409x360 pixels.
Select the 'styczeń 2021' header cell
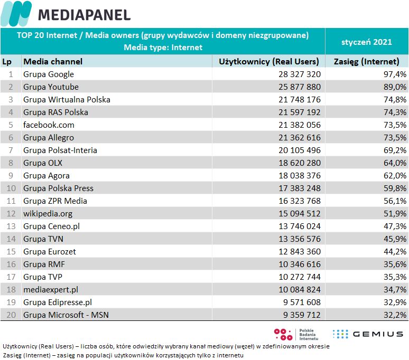tap(367, 41)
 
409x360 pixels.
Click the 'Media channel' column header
tap(53, 61)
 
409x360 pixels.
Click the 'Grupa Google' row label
tap(49, 74)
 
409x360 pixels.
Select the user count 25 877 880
tap(300, 87)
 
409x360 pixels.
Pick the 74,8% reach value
tap(395, 100)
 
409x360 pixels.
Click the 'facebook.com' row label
tap(49, 125)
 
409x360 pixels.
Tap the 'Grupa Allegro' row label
tap(49, 138)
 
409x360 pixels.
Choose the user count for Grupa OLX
tap(300, 163)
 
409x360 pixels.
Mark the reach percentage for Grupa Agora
tap(395, 176)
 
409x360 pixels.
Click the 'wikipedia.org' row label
tap(48, 214)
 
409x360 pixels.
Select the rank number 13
tap(11, 226)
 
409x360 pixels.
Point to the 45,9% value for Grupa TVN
tap(395, 239)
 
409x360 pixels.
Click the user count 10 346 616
tap(300, 264)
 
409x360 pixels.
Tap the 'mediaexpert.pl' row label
tap(51, 290)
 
